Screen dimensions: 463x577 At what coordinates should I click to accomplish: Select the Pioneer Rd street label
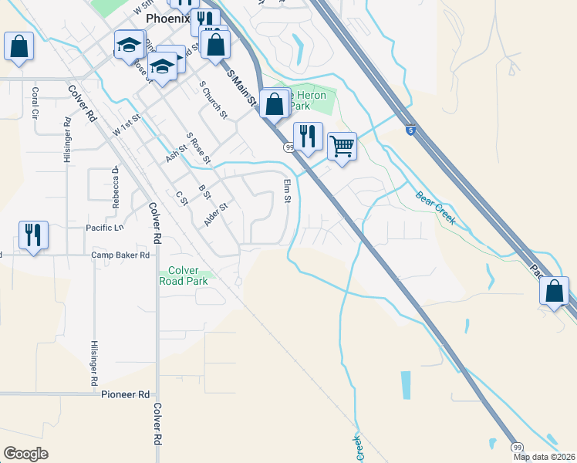(x=125, y=394)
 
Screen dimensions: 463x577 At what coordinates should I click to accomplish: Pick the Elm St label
(x=287, y=191)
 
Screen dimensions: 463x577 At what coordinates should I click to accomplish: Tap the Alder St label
(x=217, y=214)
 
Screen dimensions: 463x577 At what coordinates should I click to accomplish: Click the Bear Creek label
(x=437, y=208)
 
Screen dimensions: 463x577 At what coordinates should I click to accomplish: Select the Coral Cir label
(x=35, y=103)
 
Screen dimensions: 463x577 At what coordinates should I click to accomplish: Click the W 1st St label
(x=128, y=125)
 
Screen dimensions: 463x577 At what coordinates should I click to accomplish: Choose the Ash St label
(x=177, y=146)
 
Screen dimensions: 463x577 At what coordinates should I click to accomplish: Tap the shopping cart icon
(x=342, y=144)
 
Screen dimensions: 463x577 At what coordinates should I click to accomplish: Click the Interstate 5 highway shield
(x=411, y=130)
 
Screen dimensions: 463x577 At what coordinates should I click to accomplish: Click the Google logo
(x=25, y=454)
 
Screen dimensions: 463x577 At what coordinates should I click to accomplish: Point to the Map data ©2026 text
(x=544, y=457)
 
